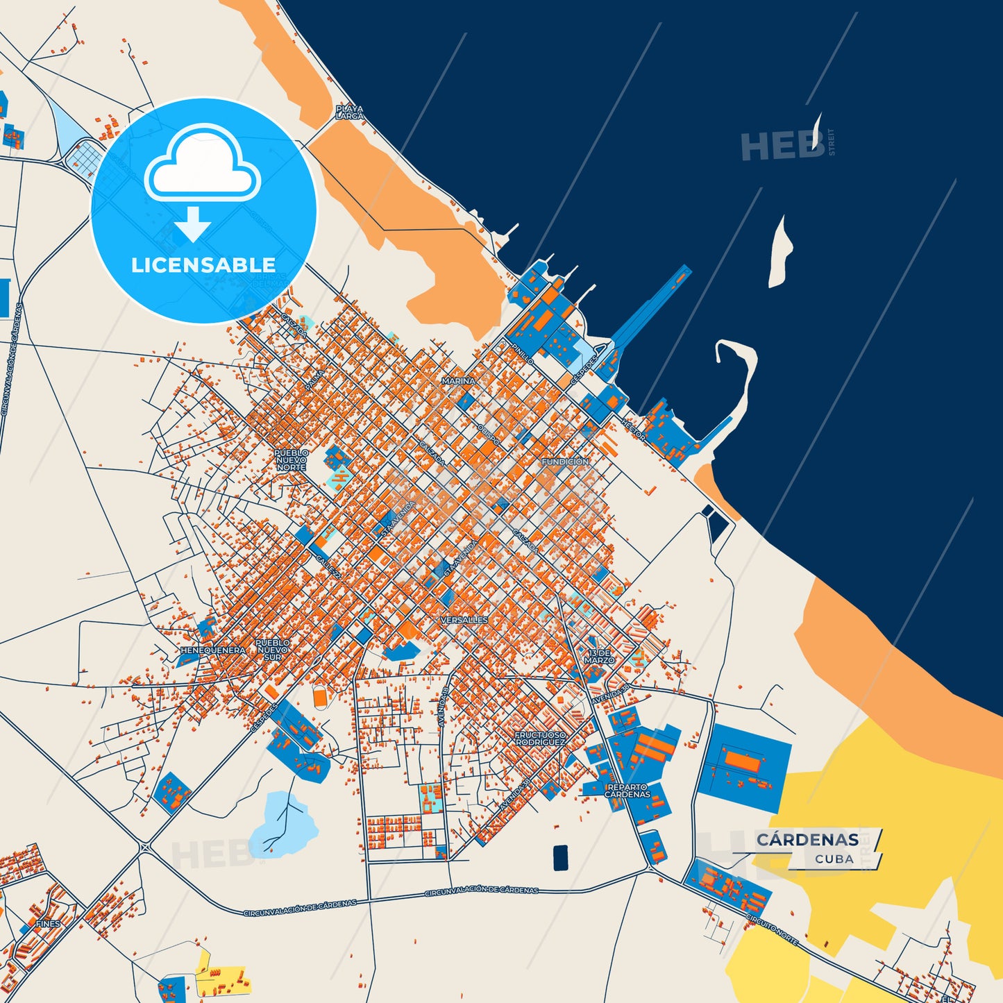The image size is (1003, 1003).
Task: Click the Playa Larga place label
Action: (x=349, y=112)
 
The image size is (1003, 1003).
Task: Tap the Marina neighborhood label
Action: (x=458, y=381)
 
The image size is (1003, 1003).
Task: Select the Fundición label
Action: (x=565, y=462)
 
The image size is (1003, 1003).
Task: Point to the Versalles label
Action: (x=464, y=620)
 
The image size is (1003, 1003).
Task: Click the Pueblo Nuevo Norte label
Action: (x=292, y=460)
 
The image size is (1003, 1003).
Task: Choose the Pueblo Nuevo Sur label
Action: (x=273, y=650)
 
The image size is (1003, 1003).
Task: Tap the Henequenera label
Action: (x=212, y=650)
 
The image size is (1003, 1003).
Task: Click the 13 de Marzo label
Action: (x=599, y=657)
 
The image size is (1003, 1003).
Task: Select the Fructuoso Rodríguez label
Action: (x=540, y=739)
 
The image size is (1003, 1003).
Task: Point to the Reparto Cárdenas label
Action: (x=627, y=791)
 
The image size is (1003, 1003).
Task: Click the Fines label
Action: (x=49, y=924)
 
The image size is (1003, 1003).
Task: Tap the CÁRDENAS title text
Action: (x=807, y=840)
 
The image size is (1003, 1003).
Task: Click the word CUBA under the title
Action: (x=834, y=859)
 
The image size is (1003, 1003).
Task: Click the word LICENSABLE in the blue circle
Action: (x=203, y=265)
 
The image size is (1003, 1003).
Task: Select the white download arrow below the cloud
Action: (x=192, y=224)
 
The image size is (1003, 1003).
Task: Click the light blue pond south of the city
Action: (x=284, y=823)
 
